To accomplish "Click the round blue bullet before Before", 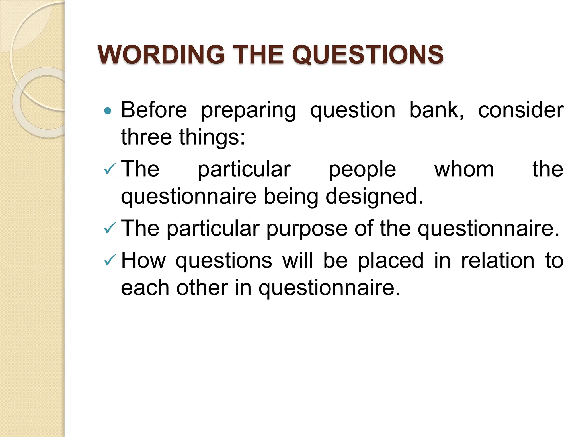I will click(108, 110).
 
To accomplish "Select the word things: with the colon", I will click(212, 137).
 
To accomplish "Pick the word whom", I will click(464, 169).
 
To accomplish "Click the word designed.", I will click(374, 197).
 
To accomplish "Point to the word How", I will click(143, 260).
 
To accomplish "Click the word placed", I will click(391, 261).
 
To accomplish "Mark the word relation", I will click(498, 260).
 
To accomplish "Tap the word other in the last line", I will click(202, 287).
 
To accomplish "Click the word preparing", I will click(249, 110).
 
